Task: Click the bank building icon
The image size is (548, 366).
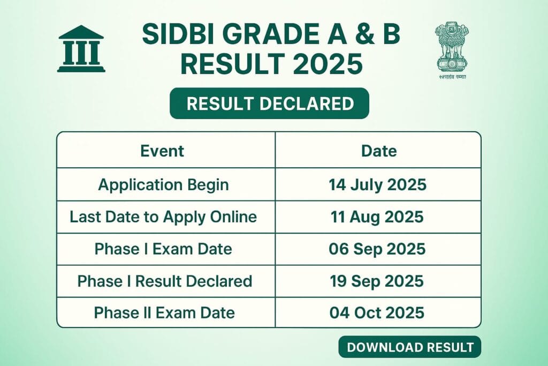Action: [x=81, y=49]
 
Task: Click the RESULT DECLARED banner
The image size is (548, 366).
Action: [x=269, y=103]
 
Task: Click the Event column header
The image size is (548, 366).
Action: [x=162, y=151]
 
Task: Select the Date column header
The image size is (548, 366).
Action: [x=379, y=151]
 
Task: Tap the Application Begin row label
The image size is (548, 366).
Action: [x=163, y=185]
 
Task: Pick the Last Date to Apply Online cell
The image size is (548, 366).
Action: [x=163, y=216]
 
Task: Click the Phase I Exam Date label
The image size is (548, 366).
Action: [x=163, y=249]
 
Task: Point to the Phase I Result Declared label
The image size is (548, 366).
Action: [x=165, y=280]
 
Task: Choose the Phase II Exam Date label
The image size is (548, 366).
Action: [x=164, y=312]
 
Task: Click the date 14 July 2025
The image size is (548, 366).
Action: [x=377, y=185]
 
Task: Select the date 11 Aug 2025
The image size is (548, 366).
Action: [x=377, y=216]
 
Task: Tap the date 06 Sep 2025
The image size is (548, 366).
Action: [x=377, y=249]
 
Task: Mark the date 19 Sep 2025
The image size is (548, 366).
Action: [x=377, y=280]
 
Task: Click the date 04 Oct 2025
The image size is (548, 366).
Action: [x=377, y=312]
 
